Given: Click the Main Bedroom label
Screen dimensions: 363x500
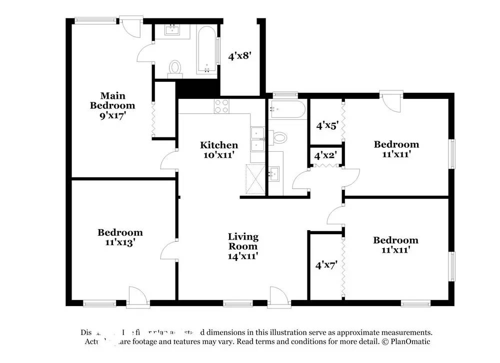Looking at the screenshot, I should click(112, 105).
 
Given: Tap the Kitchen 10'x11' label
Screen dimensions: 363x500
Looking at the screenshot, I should click(219, 150).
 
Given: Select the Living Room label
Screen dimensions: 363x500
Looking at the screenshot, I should click(243, 246).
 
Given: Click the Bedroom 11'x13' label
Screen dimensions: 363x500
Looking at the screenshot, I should click(120, 237).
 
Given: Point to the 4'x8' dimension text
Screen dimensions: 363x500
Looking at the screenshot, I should click(239, 56).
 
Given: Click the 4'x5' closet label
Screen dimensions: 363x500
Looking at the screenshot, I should click(326, 125).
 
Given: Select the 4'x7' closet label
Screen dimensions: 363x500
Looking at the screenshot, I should click(326, 265).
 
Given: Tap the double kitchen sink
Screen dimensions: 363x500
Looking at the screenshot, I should click(257, 139).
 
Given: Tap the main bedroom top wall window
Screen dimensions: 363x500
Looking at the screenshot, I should click(95, 20).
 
